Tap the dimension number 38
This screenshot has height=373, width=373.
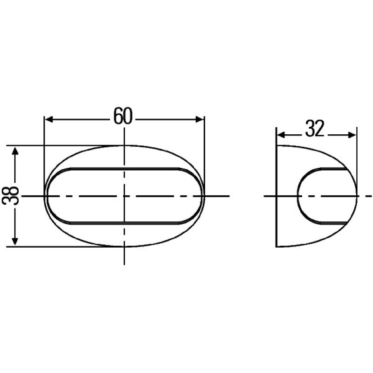point(10,196)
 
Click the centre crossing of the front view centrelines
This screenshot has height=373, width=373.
point(124,196)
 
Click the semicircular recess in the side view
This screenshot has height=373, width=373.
point(299,196)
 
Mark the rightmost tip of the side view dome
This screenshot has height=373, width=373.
point(357,196)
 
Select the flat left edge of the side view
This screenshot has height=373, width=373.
point(277,196)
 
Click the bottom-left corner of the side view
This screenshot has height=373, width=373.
point(277,246)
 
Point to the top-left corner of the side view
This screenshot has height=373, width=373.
point(277,145)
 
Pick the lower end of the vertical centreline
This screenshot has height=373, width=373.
point(124,263)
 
